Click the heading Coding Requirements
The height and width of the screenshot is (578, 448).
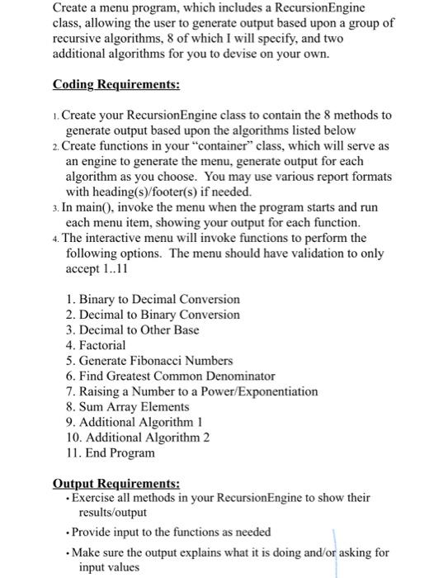pos(116,85)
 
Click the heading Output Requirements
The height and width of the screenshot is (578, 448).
pos(116,484)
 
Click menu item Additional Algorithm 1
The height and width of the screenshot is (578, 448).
pos(135,422)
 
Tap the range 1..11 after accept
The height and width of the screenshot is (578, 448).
pos(116,269)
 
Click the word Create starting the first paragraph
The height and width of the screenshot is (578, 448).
pos(71,7)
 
